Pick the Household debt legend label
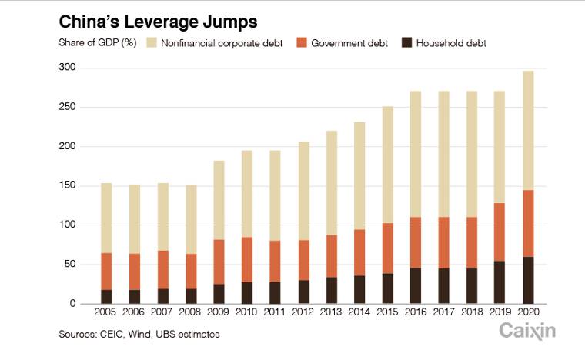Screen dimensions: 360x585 pos(451,43)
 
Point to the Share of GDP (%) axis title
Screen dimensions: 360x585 pos(98,43)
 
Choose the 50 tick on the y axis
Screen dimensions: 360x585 pos(70,264)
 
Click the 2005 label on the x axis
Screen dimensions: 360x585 pos(106,314)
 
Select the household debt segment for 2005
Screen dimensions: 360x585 pos(106,296)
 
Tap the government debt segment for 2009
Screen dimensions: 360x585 pos(218,262)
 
